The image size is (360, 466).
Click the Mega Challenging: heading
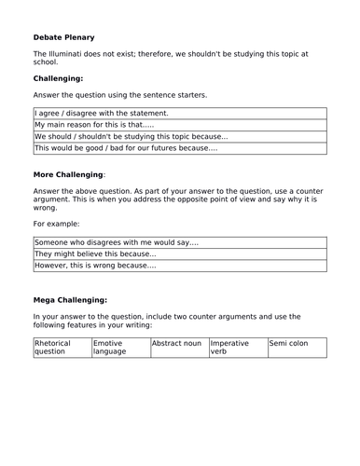(71, 300)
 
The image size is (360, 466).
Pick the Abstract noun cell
(178, 343)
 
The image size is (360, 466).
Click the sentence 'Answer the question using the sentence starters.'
(120, 95)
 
